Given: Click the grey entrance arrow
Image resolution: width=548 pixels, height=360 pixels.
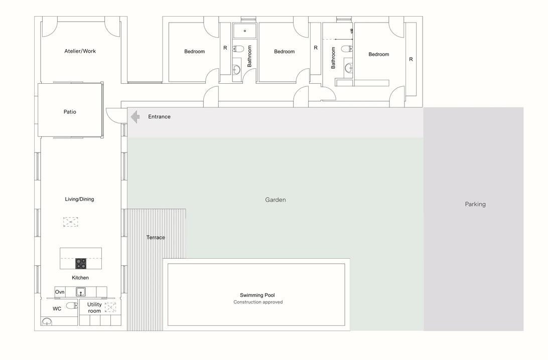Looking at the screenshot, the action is [x=135, y=117].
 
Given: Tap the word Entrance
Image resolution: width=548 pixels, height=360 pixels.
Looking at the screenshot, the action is [x=159, y=117].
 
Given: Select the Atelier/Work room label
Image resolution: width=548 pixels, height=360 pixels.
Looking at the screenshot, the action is [x=80, y=51].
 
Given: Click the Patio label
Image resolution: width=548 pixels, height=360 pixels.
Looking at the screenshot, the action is [x=70, y=112].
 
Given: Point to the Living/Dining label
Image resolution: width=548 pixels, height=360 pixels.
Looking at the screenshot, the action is [x=79, y=199].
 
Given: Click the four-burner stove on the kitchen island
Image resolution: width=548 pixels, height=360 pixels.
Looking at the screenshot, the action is [x=81, y=264].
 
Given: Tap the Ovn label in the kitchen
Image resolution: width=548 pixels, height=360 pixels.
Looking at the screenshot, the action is [x=60, y=292].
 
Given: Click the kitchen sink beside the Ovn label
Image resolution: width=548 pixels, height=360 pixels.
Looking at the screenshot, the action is [x=81, y=292].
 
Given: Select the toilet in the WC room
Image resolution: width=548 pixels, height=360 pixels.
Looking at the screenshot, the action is [x=72, y=305].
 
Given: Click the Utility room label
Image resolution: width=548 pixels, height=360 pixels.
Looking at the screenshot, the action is [x=94, y=308].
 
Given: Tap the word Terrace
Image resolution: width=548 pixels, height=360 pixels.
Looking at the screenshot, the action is [x=156, y=238].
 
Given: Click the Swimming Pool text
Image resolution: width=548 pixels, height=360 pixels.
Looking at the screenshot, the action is [x=257, y=295].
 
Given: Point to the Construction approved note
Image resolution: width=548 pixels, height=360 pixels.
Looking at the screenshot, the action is [x=258, y=302].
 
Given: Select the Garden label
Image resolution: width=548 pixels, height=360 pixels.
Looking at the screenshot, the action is [x=276, y=200].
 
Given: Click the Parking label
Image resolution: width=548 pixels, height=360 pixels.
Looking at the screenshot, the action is [x=475, y=204].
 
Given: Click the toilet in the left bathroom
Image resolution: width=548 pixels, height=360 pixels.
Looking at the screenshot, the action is [x=238, y=48].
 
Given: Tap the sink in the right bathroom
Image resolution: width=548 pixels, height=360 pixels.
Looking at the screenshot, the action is [x=349, y=68].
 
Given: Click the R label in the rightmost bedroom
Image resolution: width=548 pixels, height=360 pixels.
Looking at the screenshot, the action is [x=411, y=59].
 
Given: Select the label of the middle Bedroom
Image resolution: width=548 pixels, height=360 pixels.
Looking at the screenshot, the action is [x=284, y=51].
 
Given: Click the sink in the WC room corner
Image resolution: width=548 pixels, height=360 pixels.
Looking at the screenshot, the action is [x=47, y=321].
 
